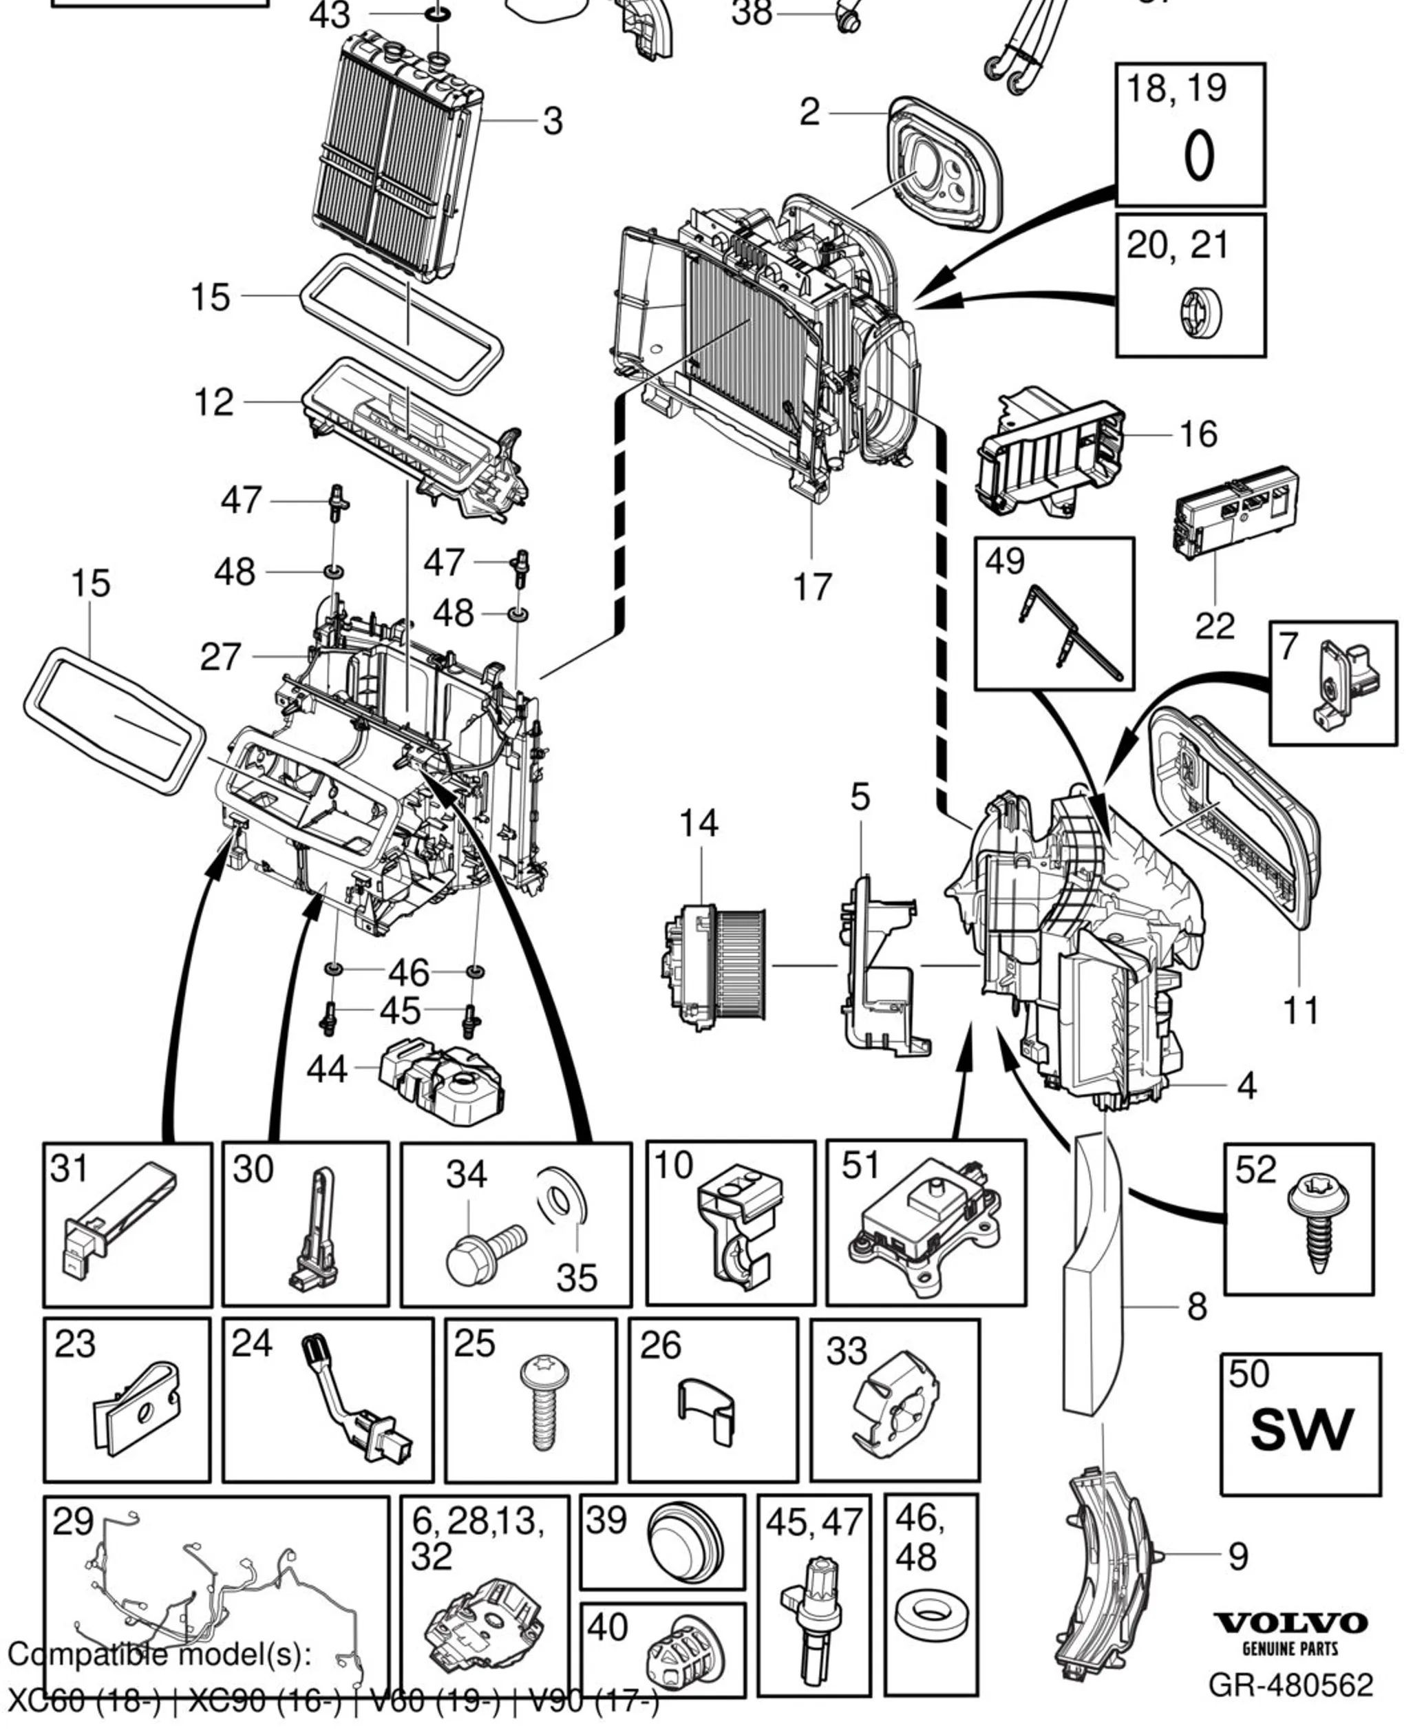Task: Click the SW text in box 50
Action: coord(1301,1430)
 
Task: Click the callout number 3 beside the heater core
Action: coord(553,121)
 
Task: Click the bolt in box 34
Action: coord(486,1248)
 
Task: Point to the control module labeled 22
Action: coord(1234,510)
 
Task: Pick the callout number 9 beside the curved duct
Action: coord(1237,1556)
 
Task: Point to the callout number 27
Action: coord(220,657)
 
